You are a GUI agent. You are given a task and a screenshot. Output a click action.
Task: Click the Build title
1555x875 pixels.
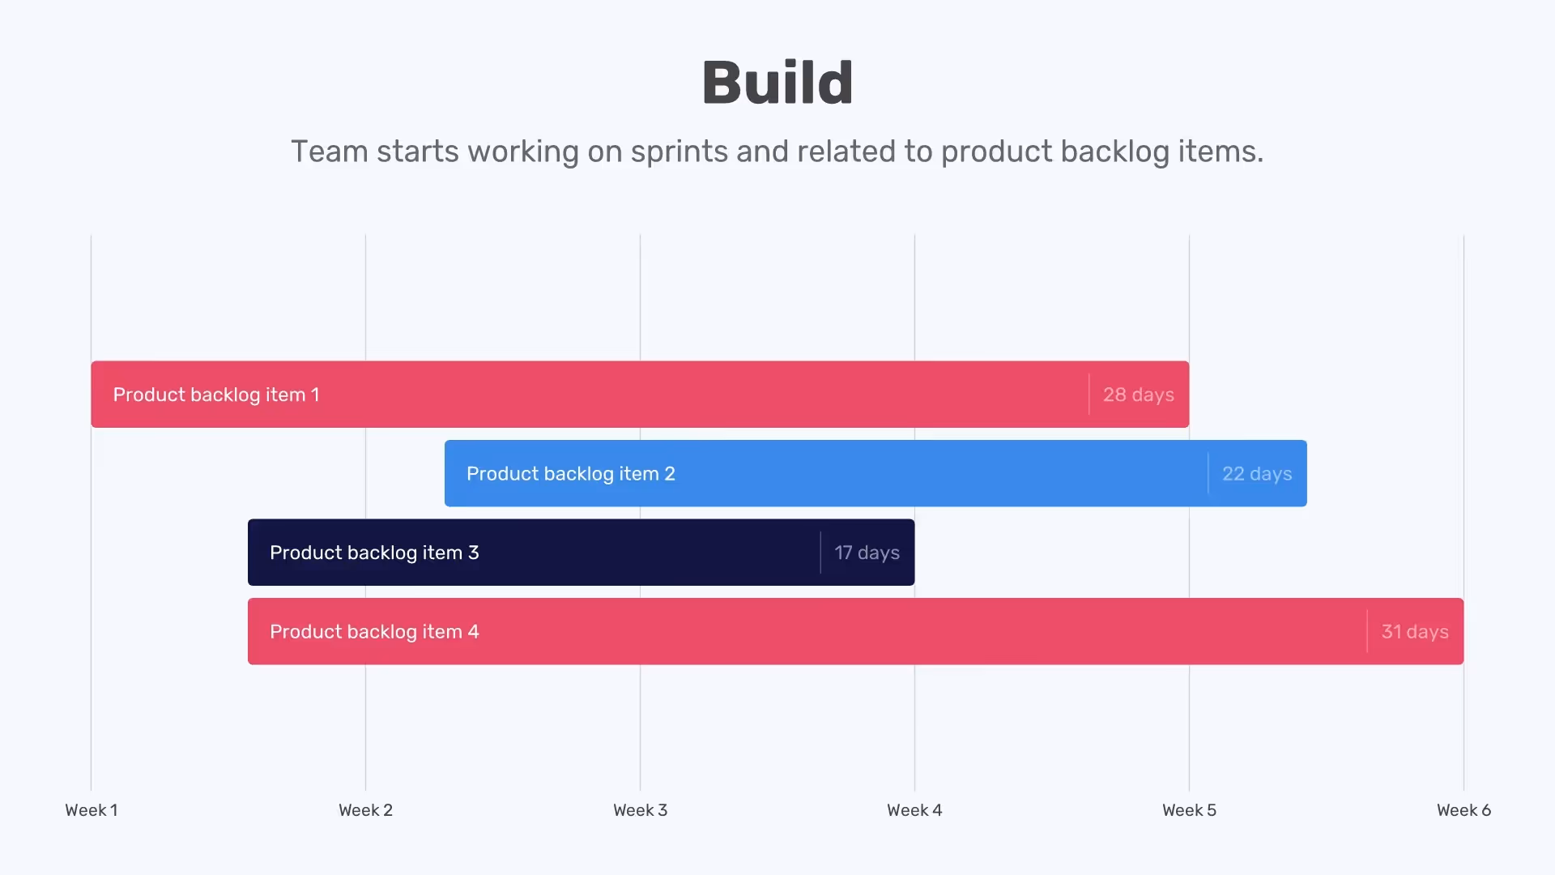point(777,83)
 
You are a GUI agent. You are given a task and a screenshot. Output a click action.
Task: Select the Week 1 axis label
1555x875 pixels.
point(92,810)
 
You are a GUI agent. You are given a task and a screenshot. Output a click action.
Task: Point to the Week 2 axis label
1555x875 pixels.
point(365,810)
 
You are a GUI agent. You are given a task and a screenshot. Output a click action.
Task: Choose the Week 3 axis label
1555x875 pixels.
point(640,810)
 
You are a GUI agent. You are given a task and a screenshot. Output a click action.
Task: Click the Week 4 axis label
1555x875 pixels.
point(914,810)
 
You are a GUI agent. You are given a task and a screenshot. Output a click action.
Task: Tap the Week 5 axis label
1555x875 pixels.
point(1189,810)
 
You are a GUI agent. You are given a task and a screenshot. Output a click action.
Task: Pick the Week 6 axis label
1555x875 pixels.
point(1463,810)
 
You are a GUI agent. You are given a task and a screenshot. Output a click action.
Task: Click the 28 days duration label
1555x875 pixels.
point(1138,395)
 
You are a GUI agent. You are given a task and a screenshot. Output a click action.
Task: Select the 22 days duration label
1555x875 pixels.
point(1257,474)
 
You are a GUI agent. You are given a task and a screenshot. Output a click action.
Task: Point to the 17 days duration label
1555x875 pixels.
point(867,553)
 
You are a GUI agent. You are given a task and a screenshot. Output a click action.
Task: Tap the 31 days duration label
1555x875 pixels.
point(1415,632)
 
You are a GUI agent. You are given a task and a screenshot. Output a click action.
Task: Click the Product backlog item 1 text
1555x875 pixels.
point(216,395)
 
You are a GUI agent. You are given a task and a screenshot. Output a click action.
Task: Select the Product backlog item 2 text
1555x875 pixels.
point(570,474)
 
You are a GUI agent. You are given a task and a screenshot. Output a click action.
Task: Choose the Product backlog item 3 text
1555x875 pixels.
point(374,553)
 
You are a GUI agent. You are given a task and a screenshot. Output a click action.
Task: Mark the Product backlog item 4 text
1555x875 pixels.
point(374,632)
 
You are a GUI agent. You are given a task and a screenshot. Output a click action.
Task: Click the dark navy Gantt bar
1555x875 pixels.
point(648,553)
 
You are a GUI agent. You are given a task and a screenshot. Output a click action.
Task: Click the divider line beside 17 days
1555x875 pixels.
point(820,553)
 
